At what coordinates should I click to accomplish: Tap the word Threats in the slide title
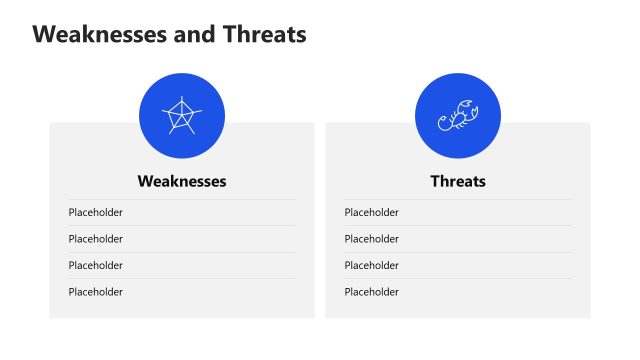(x=261, y=34)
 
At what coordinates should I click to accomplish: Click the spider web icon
(x=182, y=116)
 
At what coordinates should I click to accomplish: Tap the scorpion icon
(x=458, y=116)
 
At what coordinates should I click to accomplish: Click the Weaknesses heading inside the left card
(x=182, y=181)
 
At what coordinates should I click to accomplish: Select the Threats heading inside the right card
(x=458, y=181)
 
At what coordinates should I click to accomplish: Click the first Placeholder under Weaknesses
(x=95, y=212)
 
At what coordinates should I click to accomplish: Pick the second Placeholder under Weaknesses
(x=95, y=239)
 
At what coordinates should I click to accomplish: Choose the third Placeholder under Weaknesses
(x=95, y=265)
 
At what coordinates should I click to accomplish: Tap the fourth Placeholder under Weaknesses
(x=95, y=292)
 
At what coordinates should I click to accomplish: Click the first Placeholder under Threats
(x=371, y=212)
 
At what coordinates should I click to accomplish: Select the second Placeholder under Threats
(x=371, y=239)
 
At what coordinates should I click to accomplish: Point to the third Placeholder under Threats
(x=371, y=265)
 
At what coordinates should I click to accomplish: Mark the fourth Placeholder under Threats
(x=371, y=292)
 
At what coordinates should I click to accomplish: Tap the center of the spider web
(x=182, y=117)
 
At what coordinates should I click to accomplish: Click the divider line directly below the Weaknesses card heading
(x=182, y=199)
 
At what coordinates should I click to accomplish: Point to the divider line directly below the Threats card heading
(x=458, y=199)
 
